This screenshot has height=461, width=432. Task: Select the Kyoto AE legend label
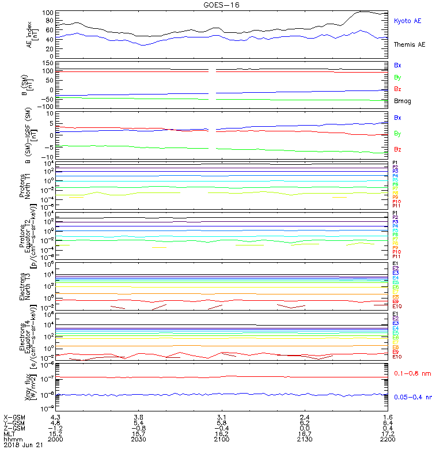pyautogui.click(x=407, y=21)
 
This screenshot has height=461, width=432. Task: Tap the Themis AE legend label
pyautogui.click(x=408, y=44)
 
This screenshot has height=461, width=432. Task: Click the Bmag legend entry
pyautogui.click(x=401, y=101)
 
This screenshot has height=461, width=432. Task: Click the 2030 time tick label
pyautogui.click(x=138, y=439)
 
